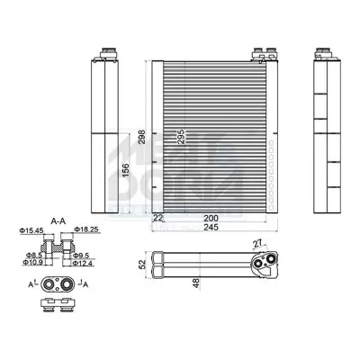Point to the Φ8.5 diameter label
click(x=33, y=255)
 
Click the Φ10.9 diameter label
click(x=32, y=263)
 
